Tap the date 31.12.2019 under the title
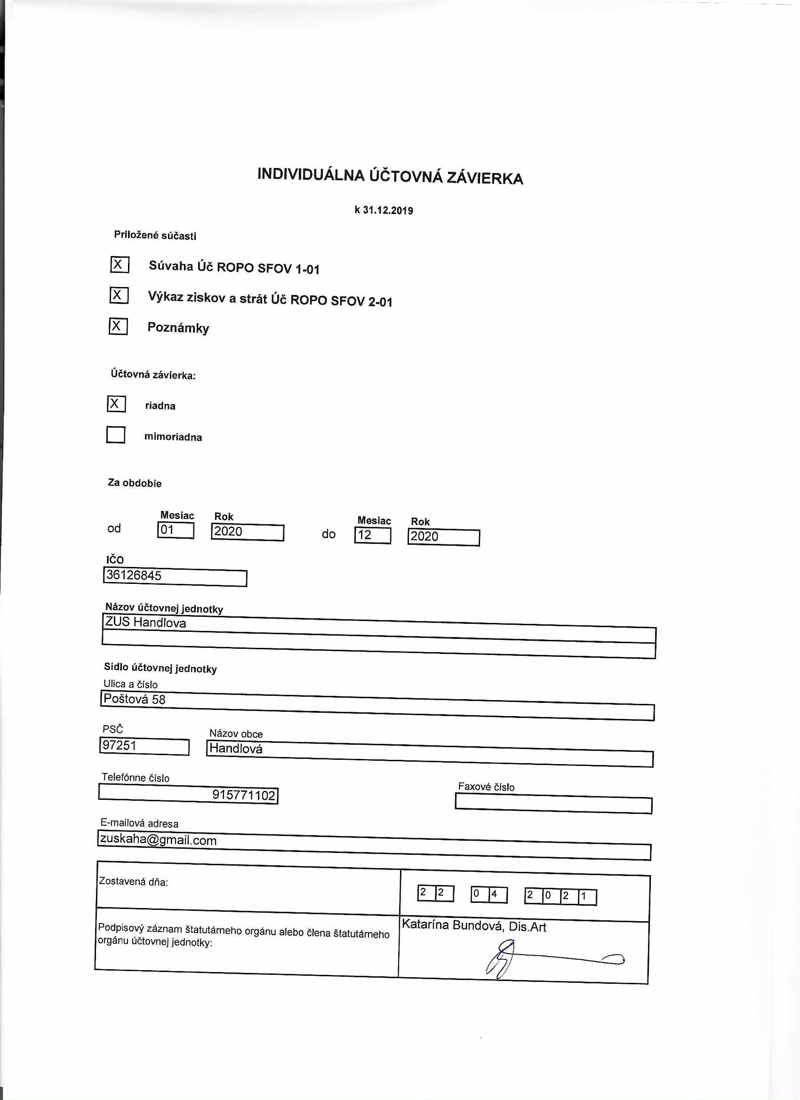coord(388,210)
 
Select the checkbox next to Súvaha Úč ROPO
coord(120,265)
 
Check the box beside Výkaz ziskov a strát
coord(119,295)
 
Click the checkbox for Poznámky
coord(118,326)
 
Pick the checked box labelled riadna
coord(116,404)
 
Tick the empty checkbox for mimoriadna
coord(115,435)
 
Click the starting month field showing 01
coord(176,530)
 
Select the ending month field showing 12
coord(372,535)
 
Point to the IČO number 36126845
coord(134,575)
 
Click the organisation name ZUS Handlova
coord(145,622)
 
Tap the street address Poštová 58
coord(135,699)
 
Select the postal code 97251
coord(120,745)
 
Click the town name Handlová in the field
coord(236,749)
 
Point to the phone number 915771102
coord(244,795)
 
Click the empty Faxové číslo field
coord(553,804)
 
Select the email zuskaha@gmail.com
coord(158,839)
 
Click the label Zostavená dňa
coord(134,882)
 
